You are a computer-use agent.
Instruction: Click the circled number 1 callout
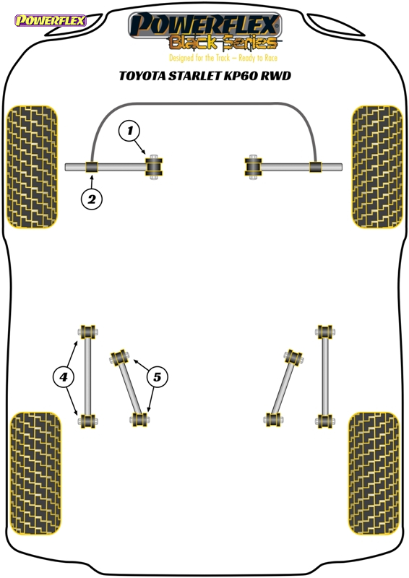pos(129,131)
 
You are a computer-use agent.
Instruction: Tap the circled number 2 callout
pos(92,199)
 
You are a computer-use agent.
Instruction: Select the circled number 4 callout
pos(64,377)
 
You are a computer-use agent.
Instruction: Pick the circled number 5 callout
pos(157,377)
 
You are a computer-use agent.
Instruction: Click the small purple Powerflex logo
pos(50,20)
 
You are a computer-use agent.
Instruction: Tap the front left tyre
pos(32,167)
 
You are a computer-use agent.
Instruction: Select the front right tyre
pos(377,167)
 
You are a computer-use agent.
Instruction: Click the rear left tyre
pos(35,473)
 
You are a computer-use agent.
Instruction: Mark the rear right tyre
pos(374,473)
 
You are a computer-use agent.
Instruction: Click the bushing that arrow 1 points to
pos(154,167)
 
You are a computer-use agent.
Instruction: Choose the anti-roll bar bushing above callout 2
pos(91,167)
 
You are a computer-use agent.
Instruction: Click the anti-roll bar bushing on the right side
pos(315,167)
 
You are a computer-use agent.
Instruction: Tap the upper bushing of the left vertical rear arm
pos(87,332)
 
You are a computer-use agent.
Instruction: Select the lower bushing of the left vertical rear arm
pos(87,421)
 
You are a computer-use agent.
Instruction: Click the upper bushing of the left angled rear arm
pos(119,357)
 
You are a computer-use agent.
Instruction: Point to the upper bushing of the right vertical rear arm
pos(325,332)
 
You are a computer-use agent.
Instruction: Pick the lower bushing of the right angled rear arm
pos(273,420)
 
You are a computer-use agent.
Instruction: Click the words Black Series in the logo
pos(223,43)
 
